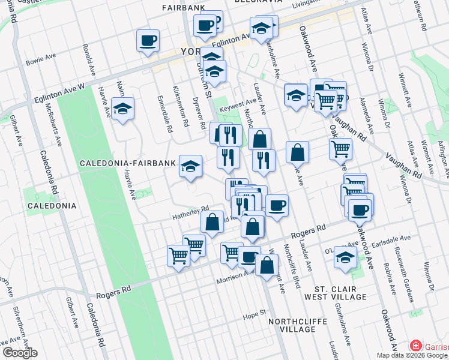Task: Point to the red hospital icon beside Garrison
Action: pyautogui.click(x=415, y=346)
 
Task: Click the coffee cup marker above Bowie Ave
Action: pyautogui.click(x=148, y=41)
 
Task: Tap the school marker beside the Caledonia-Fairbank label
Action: pyautogui.click(x=190, y=166)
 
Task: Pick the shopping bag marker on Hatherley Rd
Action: pyautogui.click(x=212, y=222)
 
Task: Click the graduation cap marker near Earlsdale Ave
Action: pyautogui.click(x=346, y=257)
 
